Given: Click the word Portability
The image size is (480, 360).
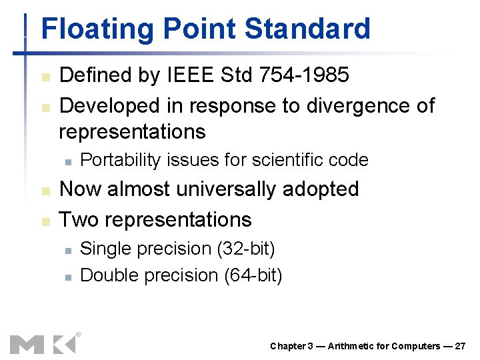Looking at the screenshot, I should point(121,160).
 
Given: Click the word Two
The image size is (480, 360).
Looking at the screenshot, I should point(80,219).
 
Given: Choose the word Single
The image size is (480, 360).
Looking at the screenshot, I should point(103,249).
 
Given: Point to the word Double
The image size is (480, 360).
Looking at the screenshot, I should point(107,275).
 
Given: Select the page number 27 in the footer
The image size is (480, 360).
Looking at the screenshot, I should point(461,346).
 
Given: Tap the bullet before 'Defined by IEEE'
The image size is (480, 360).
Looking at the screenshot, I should point(45,77).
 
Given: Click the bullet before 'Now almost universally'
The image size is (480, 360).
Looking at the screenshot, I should point(45,191).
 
